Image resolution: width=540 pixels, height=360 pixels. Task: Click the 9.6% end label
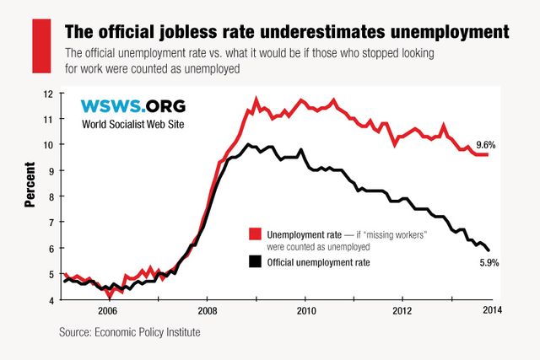484,145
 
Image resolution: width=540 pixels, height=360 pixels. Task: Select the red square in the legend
254,234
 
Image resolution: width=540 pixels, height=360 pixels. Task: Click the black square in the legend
254,262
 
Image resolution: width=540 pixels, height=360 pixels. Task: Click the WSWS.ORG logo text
132,106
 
